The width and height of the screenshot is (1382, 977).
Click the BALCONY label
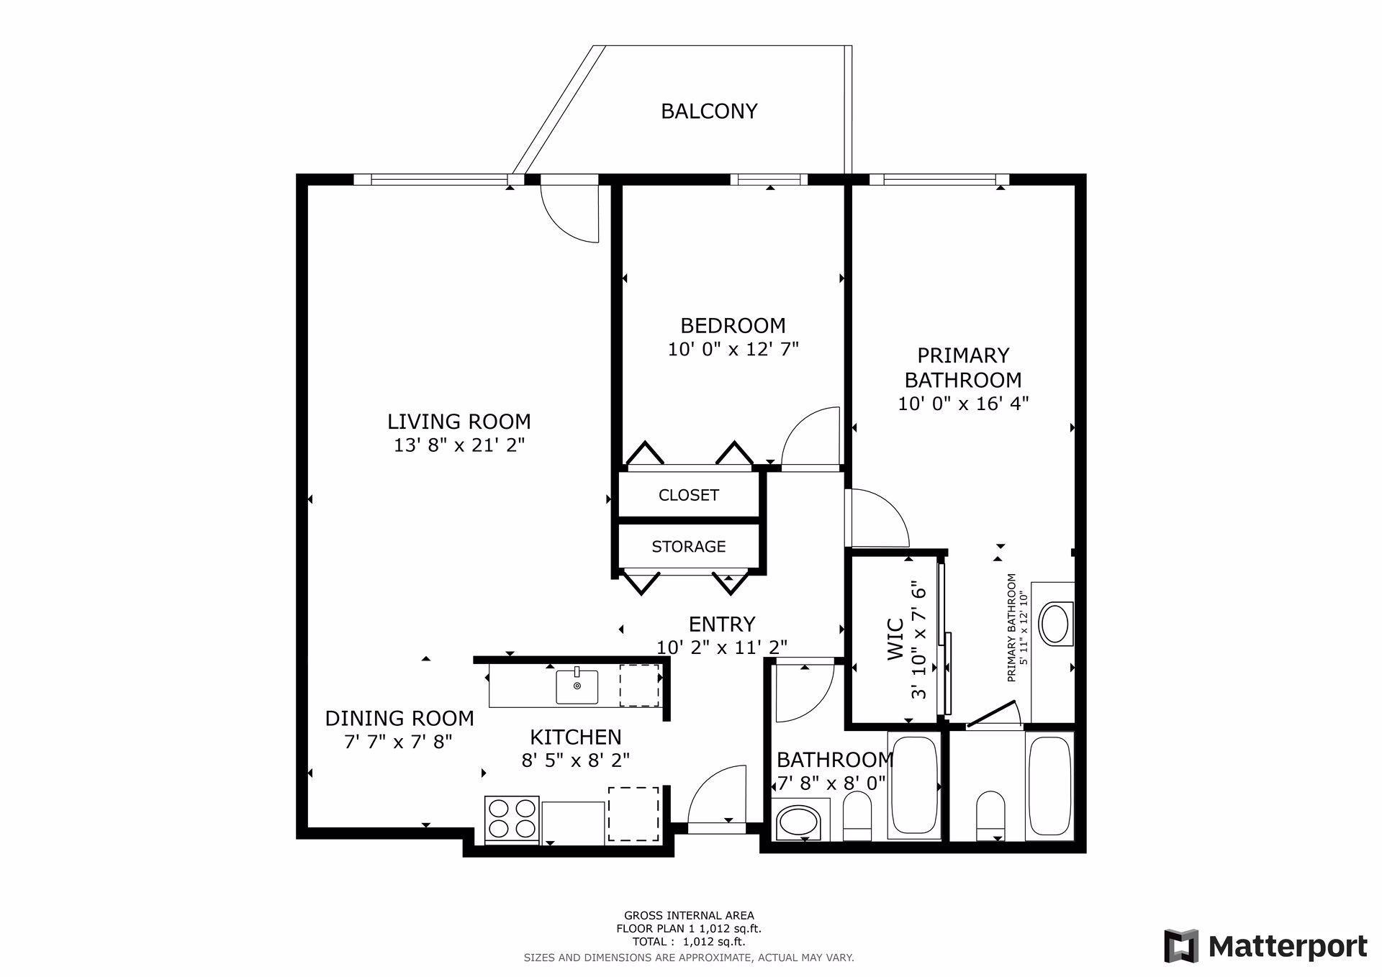coord(709,112)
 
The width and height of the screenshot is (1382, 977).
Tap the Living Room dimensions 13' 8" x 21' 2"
coord(459,445)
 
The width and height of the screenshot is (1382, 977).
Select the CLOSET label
coord(689,495)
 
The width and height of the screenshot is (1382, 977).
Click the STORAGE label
coord(689,547)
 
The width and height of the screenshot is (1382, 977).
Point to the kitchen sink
coord(577,687)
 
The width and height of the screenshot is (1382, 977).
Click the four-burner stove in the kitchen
coord(512,819)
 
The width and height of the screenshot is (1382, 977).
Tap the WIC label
coord(895,639)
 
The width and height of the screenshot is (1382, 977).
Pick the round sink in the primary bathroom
coord(1056,623)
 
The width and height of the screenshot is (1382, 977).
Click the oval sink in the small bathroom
coord(798,822)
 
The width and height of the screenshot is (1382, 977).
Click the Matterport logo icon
coord(1182,945)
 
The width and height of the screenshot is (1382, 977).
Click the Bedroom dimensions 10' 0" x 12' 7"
coord(733,350)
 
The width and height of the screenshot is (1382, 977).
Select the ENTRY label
coord(722,624)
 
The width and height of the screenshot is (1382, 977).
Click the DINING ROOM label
coord(399,719)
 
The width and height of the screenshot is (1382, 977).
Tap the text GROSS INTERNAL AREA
coord(689,916)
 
